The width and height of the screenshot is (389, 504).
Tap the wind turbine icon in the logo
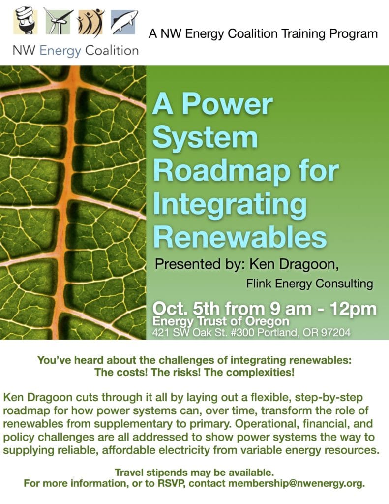58,21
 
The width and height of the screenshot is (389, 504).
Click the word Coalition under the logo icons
112,51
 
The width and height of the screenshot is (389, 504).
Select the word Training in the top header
301,34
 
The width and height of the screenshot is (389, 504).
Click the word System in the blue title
205,137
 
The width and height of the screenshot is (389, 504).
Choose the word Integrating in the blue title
230,206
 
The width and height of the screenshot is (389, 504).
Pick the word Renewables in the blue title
239,237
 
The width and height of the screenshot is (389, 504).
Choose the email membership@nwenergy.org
297,483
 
